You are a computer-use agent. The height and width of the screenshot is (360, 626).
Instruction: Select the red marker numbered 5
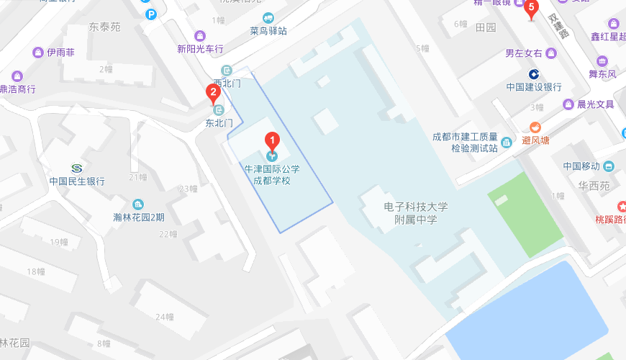click(x=532, y=9)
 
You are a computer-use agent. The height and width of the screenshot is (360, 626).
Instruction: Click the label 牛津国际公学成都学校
click(x=271, y=174)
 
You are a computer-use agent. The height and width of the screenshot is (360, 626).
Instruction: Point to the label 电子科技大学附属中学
click(x=416, y=212)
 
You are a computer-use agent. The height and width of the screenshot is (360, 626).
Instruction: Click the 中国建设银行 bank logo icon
click(x=534, y=73)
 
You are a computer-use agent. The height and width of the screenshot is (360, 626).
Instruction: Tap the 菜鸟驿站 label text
click(x=268, y=31)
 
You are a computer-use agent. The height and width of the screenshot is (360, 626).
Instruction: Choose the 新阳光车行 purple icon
click(x=200, y=35)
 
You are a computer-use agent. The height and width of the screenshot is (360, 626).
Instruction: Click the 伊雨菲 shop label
click(x=61, y=53)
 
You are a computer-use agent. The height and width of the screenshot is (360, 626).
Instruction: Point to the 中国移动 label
click(x=581, y=166)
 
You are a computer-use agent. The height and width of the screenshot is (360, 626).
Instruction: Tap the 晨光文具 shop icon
click(x=568, y=104)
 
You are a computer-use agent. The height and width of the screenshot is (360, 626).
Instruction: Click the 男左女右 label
click(x=523, y=53)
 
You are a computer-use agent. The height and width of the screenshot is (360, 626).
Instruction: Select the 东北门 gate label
click(x=219, y=123)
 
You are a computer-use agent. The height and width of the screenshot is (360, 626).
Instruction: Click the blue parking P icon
click(x=150, y=14)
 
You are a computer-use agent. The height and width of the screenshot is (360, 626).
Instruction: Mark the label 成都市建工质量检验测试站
click(x=465, y=142)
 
